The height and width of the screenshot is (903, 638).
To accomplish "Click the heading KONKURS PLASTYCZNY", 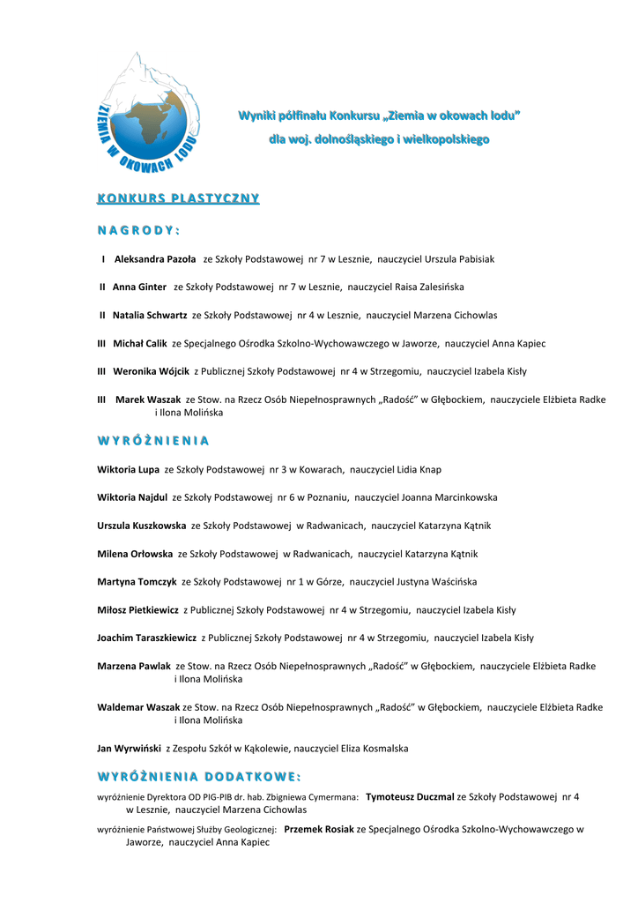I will (x=178, y=198).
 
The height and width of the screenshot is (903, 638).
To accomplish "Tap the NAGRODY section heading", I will (x=138, y=231).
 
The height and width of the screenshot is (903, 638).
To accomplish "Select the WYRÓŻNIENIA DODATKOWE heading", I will (x=198, y=776).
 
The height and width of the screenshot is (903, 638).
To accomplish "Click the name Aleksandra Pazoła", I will (x=155, y=259).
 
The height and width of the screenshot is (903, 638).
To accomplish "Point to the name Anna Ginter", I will (x=139, y=287).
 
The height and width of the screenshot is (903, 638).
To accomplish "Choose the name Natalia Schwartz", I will (x=150, y=315).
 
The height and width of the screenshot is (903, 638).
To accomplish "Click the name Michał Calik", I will (x=139, y=343).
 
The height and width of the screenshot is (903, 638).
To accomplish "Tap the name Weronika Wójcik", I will (x=151, y=371).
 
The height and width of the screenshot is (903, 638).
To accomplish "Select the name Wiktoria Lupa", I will (x=128, y=470).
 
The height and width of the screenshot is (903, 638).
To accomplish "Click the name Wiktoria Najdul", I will (x=132, y=497).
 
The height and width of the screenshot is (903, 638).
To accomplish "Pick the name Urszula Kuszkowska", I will (x=141, y=526).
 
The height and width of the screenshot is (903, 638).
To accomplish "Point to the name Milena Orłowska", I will (x=135, y=554).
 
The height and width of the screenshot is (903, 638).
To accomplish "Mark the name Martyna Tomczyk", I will (x=137, y=582).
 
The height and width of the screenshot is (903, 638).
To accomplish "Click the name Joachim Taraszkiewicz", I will (x=146, y=638).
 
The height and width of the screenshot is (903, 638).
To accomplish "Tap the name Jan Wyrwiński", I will (x=129, y=749).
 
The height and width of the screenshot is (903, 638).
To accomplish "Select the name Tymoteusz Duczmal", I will (x=409, y=796).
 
